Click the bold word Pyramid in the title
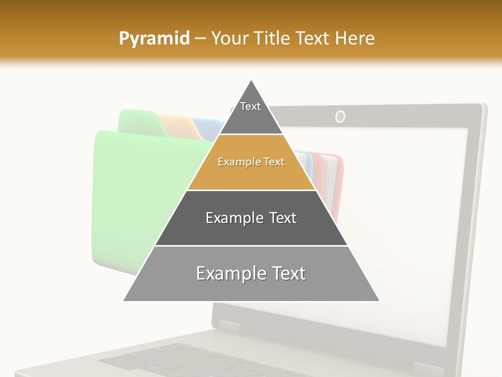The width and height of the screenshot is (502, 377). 154,38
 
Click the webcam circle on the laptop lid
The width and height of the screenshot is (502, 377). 340,116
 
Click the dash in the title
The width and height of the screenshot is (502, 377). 200,38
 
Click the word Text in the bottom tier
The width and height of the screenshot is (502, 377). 286,274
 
